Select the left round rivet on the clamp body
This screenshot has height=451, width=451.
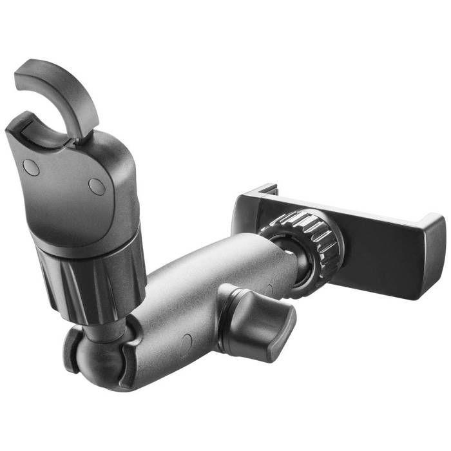coord(30,168)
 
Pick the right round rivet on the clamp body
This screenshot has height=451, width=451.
coord(97,187)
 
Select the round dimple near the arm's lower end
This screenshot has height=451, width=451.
coord(186,341)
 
